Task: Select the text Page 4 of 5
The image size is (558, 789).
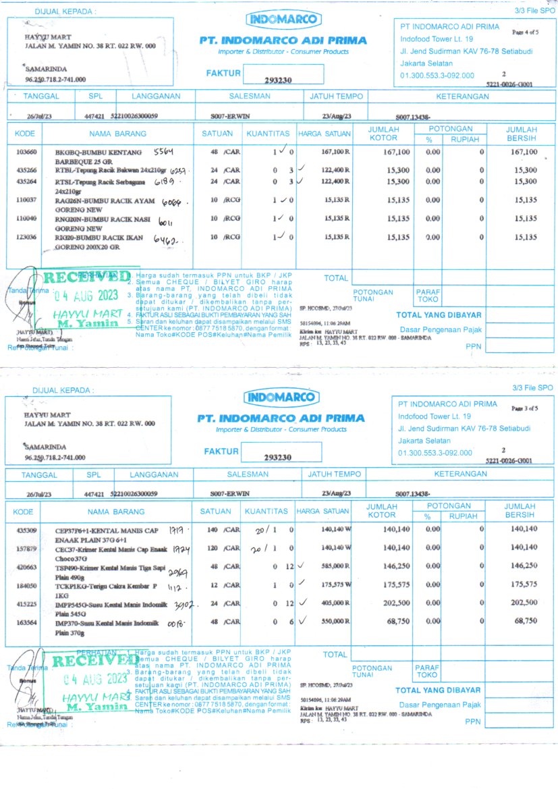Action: point(526,32)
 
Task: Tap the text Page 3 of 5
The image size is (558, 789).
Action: point(524,408)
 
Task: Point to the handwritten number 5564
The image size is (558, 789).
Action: point(164,151)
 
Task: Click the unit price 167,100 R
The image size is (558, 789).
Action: point(336,153)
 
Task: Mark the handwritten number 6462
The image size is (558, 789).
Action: point(165,240)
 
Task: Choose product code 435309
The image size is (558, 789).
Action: point(26,530)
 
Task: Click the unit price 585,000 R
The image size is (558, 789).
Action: point(335,566)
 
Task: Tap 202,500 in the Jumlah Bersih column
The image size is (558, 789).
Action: point(524,603)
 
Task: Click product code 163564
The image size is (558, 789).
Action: point(26,622)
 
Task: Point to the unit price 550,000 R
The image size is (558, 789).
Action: point(335,622)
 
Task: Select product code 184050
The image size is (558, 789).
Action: point(26,585)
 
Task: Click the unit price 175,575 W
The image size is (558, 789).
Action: point(335,585)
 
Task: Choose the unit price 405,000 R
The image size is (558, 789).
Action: point(335,603)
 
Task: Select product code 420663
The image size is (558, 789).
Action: point(26,567)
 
